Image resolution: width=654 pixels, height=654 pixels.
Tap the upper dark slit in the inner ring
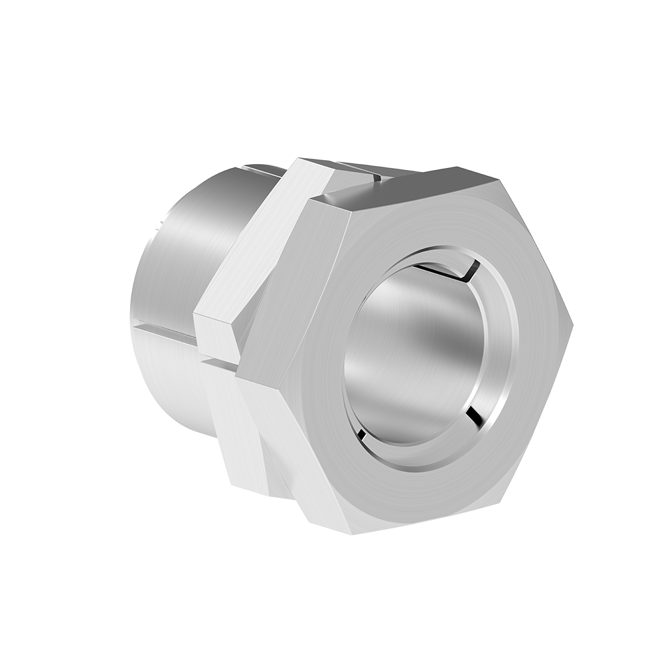[x=451, y=270]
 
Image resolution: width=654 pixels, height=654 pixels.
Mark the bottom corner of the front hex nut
[x=353, y=533]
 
